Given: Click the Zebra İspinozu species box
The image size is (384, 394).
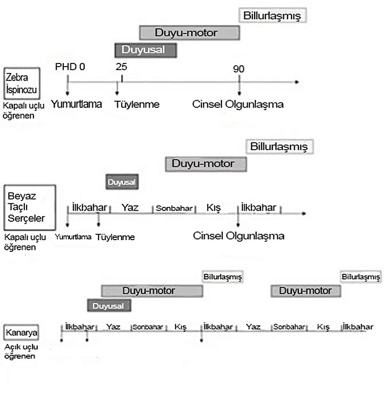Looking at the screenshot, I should (x=22, y=83).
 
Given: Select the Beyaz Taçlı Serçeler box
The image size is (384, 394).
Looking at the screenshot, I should (x=29, y=207).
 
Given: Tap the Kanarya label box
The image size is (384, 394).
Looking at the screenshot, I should (x=21, y=333).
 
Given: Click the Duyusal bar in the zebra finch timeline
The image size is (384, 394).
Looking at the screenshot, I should (x=146, y=49).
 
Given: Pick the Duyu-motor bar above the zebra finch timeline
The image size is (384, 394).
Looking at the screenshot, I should (x=189, y=33).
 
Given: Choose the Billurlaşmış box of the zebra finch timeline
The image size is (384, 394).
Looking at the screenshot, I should (x=273, y=15).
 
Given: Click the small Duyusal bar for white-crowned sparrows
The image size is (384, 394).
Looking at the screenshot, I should (x=122, y=182).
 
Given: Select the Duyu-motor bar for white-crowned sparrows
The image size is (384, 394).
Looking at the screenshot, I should (x=206, y=164).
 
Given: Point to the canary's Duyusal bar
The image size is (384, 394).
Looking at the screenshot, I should (x=109, y=306).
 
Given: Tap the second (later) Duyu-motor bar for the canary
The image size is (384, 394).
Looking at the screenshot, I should (x=306, y=291).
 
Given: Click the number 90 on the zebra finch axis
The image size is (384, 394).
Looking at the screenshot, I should (x=239, y=69).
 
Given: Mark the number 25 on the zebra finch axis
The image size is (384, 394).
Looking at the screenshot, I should (x=121, y=66).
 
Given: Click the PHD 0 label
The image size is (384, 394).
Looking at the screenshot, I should (x=70, y=66).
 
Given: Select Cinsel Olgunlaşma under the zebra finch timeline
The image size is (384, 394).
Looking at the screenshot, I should (x=238, y=104).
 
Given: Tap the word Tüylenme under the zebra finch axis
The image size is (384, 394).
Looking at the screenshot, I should (x=137, y=104).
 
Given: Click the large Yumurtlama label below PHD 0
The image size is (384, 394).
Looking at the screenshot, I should (x=76, y=104).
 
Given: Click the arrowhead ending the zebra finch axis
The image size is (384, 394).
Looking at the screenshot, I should (x=296, y=82).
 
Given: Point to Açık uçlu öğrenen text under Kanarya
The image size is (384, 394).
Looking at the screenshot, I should (x=20, y=353).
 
